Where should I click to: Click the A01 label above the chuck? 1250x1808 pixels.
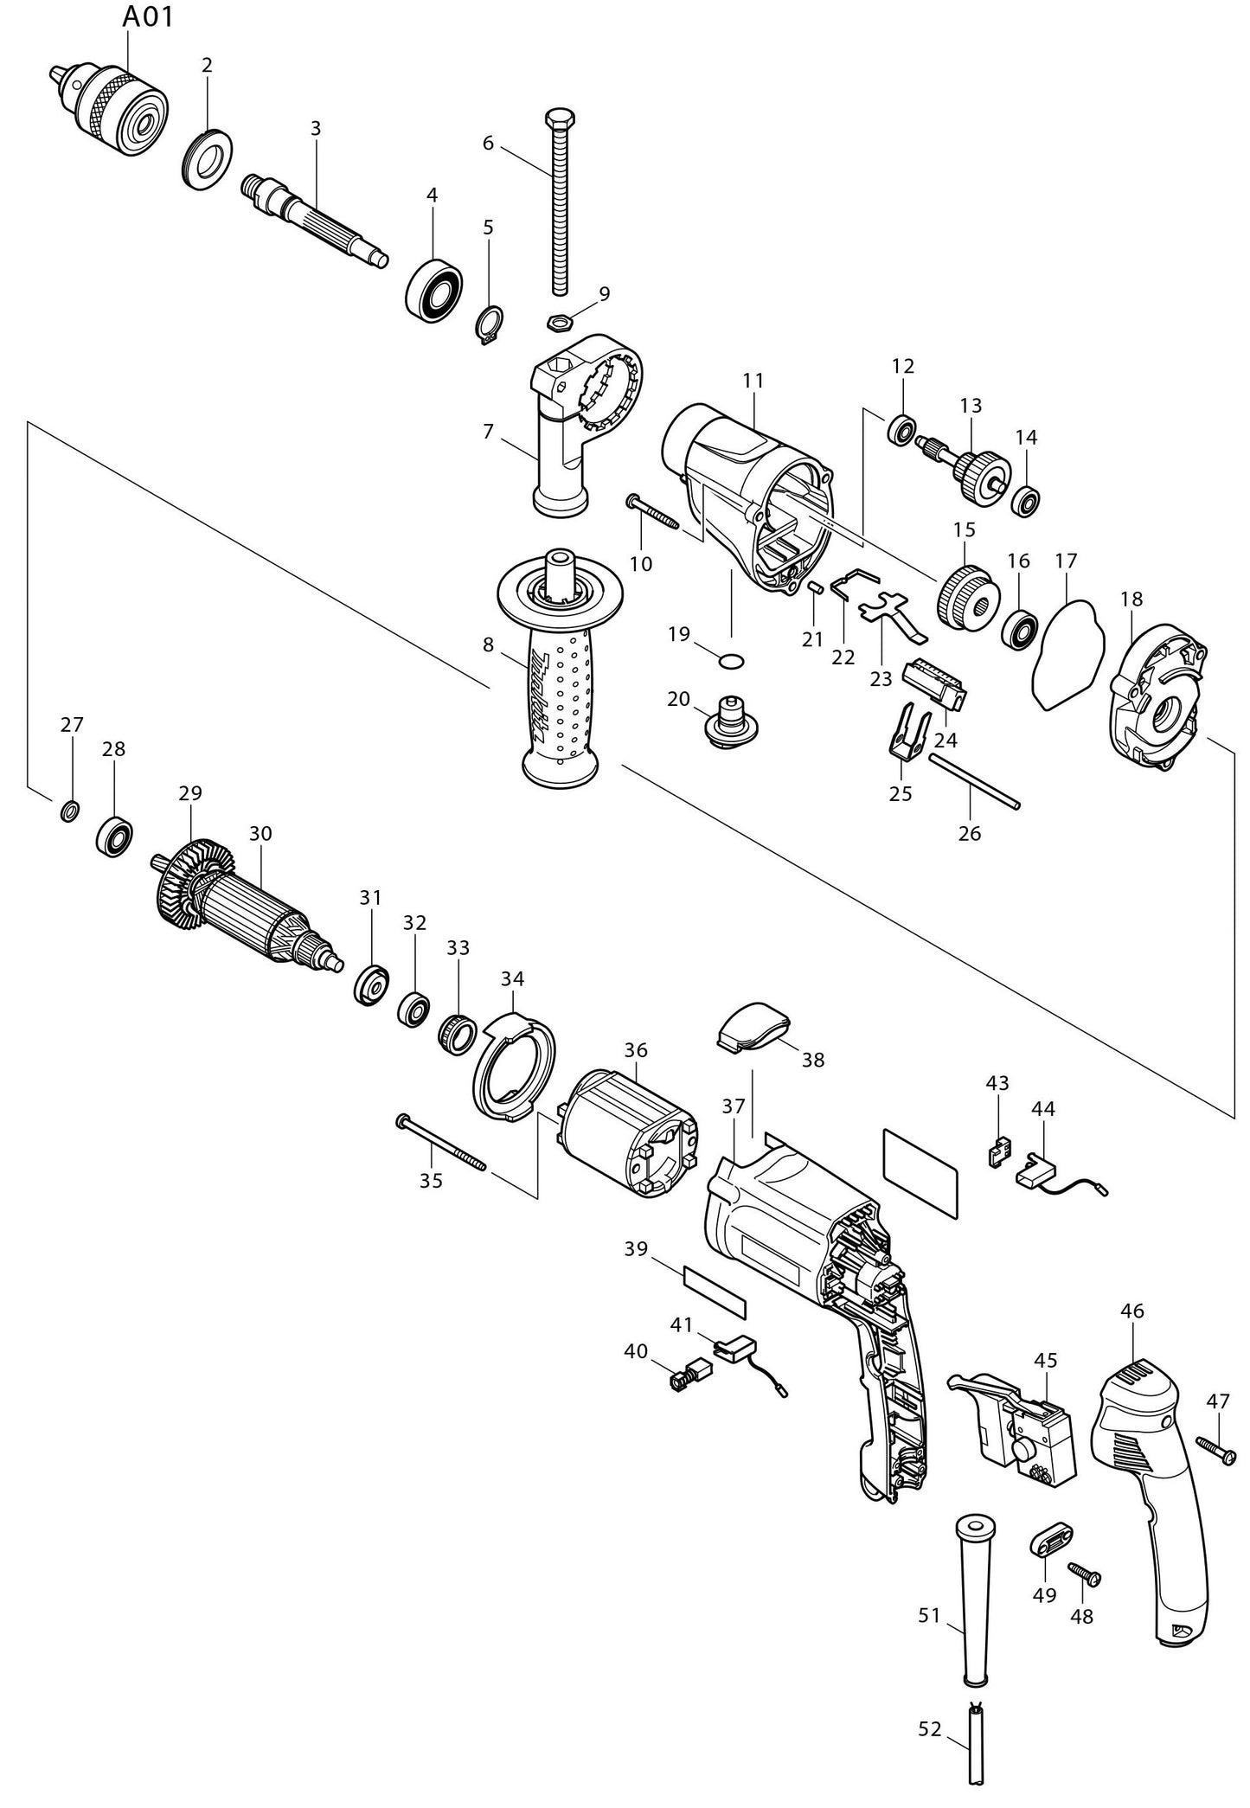147,16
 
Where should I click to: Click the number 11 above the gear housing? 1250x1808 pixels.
753,380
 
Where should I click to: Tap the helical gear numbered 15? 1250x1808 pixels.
966,597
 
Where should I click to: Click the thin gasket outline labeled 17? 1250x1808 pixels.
1069,653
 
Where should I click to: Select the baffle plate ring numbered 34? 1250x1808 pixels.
514,1069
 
